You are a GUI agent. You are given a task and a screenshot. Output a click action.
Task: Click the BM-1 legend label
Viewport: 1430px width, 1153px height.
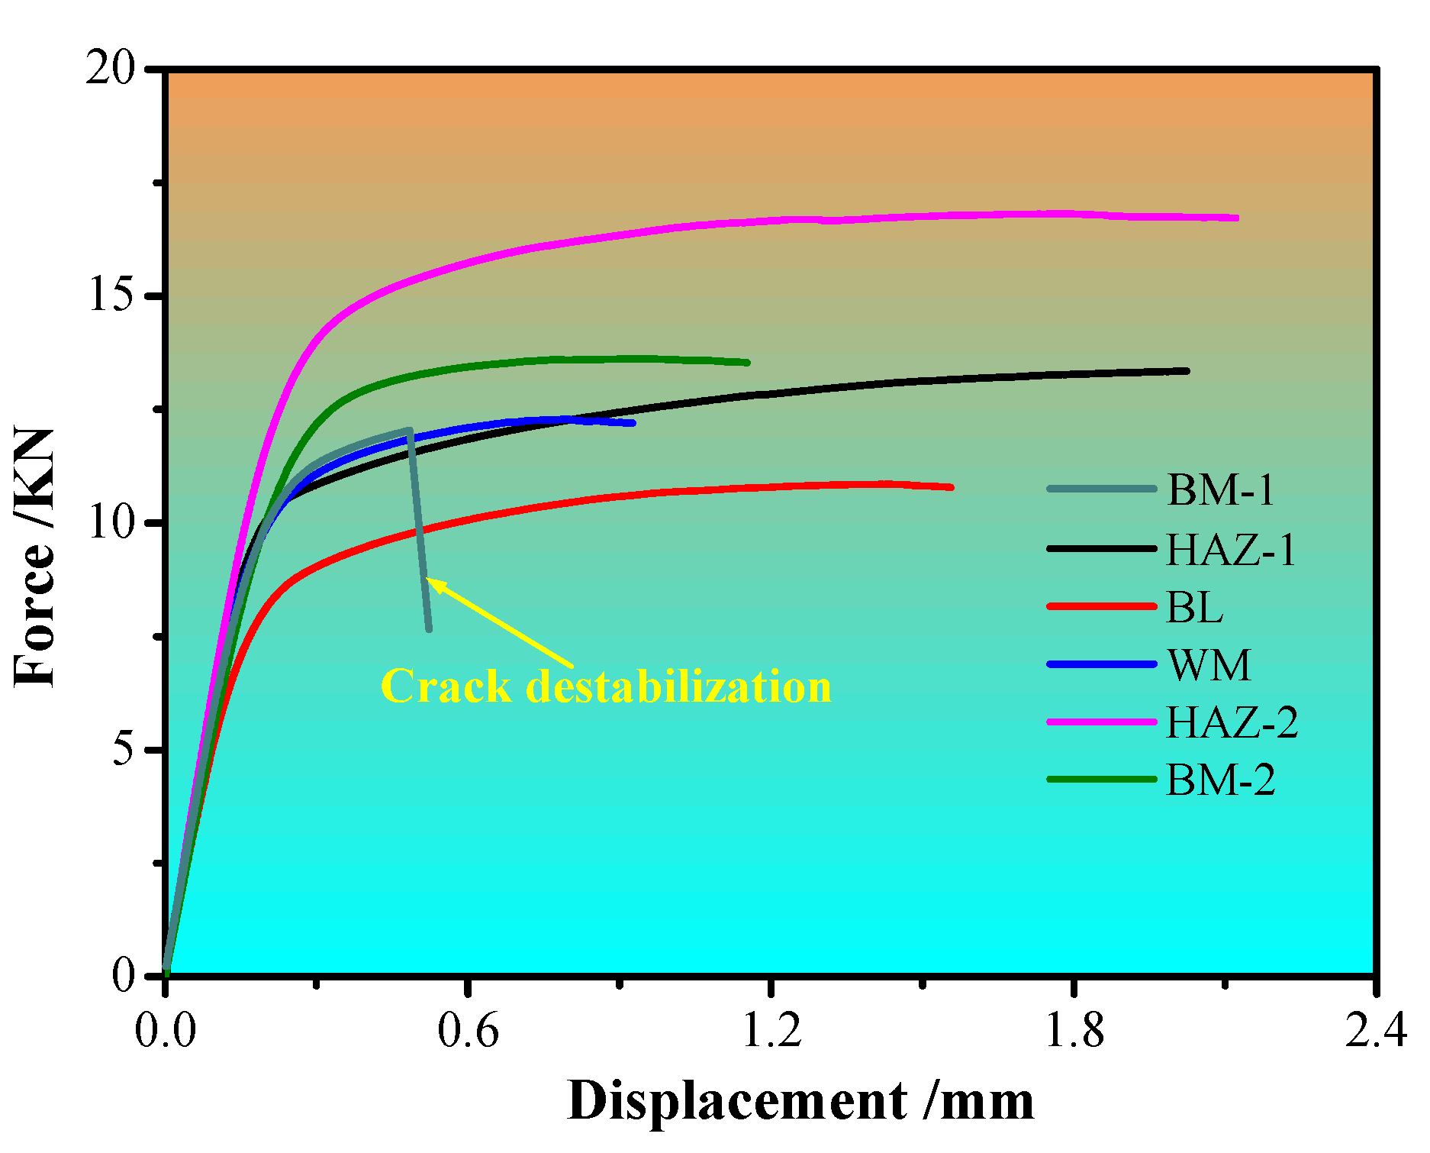[1221, 489]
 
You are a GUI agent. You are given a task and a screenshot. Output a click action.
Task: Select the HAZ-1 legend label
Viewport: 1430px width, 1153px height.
[1232, 549]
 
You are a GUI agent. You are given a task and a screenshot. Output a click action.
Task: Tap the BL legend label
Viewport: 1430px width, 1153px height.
[1195, 607]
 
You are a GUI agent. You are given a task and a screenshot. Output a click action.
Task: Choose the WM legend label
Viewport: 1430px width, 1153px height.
[1209, 665]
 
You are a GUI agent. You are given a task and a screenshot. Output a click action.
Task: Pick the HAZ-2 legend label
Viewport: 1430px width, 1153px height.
[1232, 722]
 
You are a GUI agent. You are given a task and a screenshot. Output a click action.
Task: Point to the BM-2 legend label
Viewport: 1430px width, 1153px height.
[1221, 780]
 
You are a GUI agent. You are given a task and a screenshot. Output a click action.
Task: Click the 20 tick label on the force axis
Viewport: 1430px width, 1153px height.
[110, 69]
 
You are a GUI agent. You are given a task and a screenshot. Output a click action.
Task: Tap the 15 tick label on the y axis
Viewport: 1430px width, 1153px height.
[111, 296]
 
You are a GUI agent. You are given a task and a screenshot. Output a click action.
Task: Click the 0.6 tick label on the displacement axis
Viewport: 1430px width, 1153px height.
[468, 1030]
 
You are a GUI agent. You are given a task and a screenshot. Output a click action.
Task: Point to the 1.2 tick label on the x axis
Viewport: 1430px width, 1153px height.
[771, 1030]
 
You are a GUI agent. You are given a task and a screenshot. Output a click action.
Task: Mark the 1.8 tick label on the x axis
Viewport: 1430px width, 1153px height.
[1074, 1030]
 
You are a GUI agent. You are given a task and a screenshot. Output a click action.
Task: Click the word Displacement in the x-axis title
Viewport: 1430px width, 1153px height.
[737, 1102]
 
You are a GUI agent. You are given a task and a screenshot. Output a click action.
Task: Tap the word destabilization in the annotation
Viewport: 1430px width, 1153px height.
[678, 686]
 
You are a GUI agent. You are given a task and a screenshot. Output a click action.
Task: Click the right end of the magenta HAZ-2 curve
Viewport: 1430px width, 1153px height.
[1236, 218]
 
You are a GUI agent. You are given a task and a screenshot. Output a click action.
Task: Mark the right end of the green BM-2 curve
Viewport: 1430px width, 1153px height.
[747, 363]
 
